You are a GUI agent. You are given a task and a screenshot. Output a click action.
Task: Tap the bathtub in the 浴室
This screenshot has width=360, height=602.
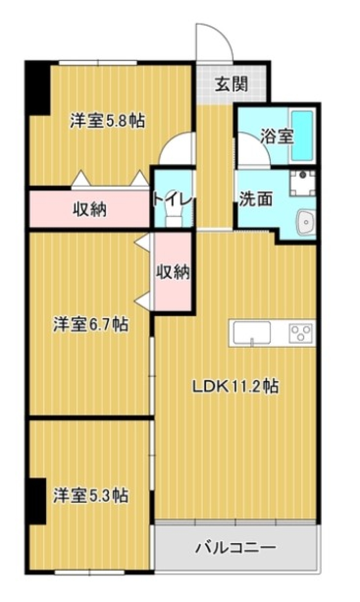click(302, 135)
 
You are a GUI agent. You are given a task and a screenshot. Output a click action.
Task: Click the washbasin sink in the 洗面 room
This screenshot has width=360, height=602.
click(306, 222)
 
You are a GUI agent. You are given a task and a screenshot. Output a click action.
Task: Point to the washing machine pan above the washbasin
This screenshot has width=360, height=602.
click(302, 183)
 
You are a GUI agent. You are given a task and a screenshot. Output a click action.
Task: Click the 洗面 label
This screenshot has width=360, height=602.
click(256, 199)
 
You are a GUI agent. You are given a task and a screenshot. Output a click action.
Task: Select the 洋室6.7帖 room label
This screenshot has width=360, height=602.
click(90, 324)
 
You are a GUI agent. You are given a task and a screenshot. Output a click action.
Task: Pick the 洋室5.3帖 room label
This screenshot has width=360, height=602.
click(90, 495)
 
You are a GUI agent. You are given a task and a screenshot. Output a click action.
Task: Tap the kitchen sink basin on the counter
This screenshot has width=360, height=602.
click(252, 333)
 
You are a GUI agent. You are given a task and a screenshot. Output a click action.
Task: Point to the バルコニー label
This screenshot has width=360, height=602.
click(235, 548)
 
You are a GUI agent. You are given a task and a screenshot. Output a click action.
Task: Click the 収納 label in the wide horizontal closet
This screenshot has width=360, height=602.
click(89, 209)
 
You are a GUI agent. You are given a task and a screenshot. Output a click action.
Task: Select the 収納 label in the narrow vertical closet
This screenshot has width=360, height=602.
click(172, 272)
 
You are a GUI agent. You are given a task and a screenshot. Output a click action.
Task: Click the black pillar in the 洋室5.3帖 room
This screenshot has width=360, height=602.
click(37, 501)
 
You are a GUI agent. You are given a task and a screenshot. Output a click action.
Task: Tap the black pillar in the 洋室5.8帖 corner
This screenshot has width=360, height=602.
click(37, 89)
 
